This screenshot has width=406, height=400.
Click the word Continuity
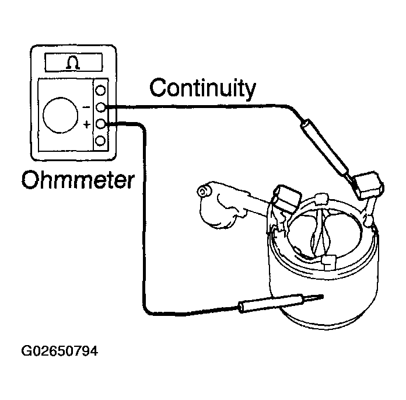tap(203, 89)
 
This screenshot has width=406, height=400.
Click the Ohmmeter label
tap(78, 180)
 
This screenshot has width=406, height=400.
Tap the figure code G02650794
tap(60, 352)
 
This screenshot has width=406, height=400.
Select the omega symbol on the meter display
tap(73, 62)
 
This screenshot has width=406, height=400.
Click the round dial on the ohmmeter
tap(60, 115)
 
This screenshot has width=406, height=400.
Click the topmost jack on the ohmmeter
tap(100, 91)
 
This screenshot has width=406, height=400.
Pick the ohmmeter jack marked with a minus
tap(100, 107)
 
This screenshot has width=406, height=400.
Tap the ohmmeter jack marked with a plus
tap(100, 124)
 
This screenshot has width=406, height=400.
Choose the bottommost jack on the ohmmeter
tap(100, 141)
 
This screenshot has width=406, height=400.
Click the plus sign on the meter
tap(87, 125)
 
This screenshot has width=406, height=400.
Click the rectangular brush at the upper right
tap(369, 185)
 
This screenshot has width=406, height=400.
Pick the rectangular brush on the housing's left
tap(287, 199)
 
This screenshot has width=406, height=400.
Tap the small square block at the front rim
tap(328, 262)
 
